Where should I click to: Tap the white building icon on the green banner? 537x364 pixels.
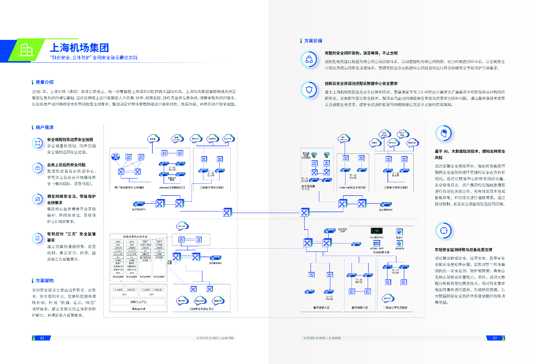pos(25,49)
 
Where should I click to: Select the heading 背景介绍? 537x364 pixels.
pos(45,82)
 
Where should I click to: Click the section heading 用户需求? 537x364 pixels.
pos(45,127)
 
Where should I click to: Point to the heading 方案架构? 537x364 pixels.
pos(45,280)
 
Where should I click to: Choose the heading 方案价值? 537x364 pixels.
pos(313,40)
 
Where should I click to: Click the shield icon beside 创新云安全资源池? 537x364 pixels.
pos(309,90)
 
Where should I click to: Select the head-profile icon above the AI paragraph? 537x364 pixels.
pos(444,133)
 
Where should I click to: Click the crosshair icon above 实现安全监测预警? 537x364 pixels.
pos(444,230)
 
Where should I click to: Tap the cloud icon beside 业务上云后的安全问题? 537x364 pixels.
pos(38,168)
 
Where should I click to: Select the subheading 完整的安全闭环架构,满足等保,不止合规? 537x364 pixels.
pos(357,53)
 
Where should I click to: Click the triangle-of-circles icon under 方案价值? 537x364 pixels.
pos(309,59)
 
